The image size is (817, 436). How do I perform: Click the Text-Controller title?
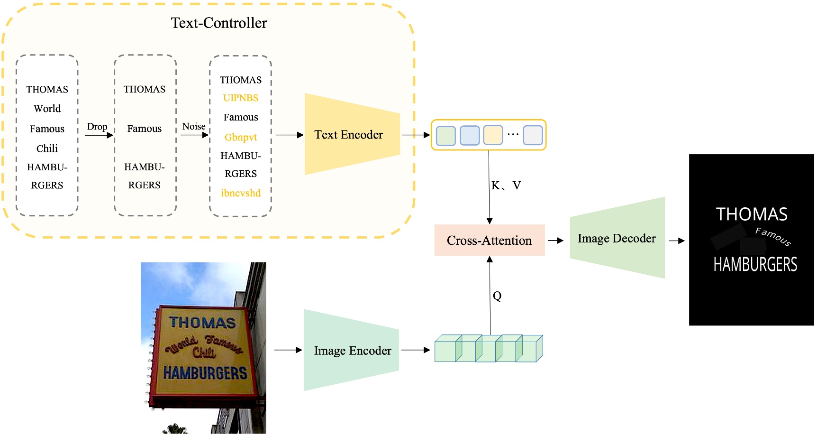pos(218,23)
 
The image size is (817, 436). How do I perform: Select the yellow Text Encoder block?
pos(349,135)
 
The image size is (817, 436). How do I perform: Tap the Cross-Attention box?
pos(489,241)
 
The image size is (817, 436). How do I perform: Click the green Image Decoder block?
pos(616,238)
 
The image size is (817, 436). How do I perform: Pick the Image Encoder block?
pos(352,351)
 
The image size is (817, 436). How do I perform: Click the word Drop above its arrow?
pos(97,127)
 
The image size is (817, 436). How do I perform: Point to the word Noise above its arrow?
pos(194,126)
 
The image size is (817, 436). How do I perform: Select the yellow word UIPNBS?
pos(241,98)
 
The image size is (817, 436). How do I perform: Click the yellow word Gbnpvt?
pos(241,137)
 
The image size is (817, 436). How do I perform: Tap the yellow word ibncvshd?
pos(241,193)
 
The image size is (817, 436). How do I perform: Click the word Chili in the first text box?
pos(47,148)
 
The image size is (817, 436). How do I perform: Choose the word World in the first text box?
pos(47,109)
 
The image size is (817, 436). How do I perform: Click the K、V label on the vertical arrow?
pos(506,186)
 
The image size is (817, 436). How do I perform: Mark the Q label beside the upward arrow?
pos(497,296)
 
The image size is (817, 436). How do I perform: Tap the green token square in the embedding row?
pos(445,136)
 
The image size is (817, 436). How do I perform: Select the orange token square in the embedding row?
pos(493,135)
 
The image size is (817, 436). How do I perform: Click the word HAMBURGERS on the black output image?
pos(755,264)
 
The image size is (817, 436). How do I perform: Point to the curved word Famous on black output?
pos(773,236)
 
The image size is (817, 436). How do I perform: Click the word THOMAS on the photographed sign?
pos(202,323)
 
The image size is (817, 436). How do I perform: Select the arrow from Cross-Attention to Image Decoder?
pos(555,241)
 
